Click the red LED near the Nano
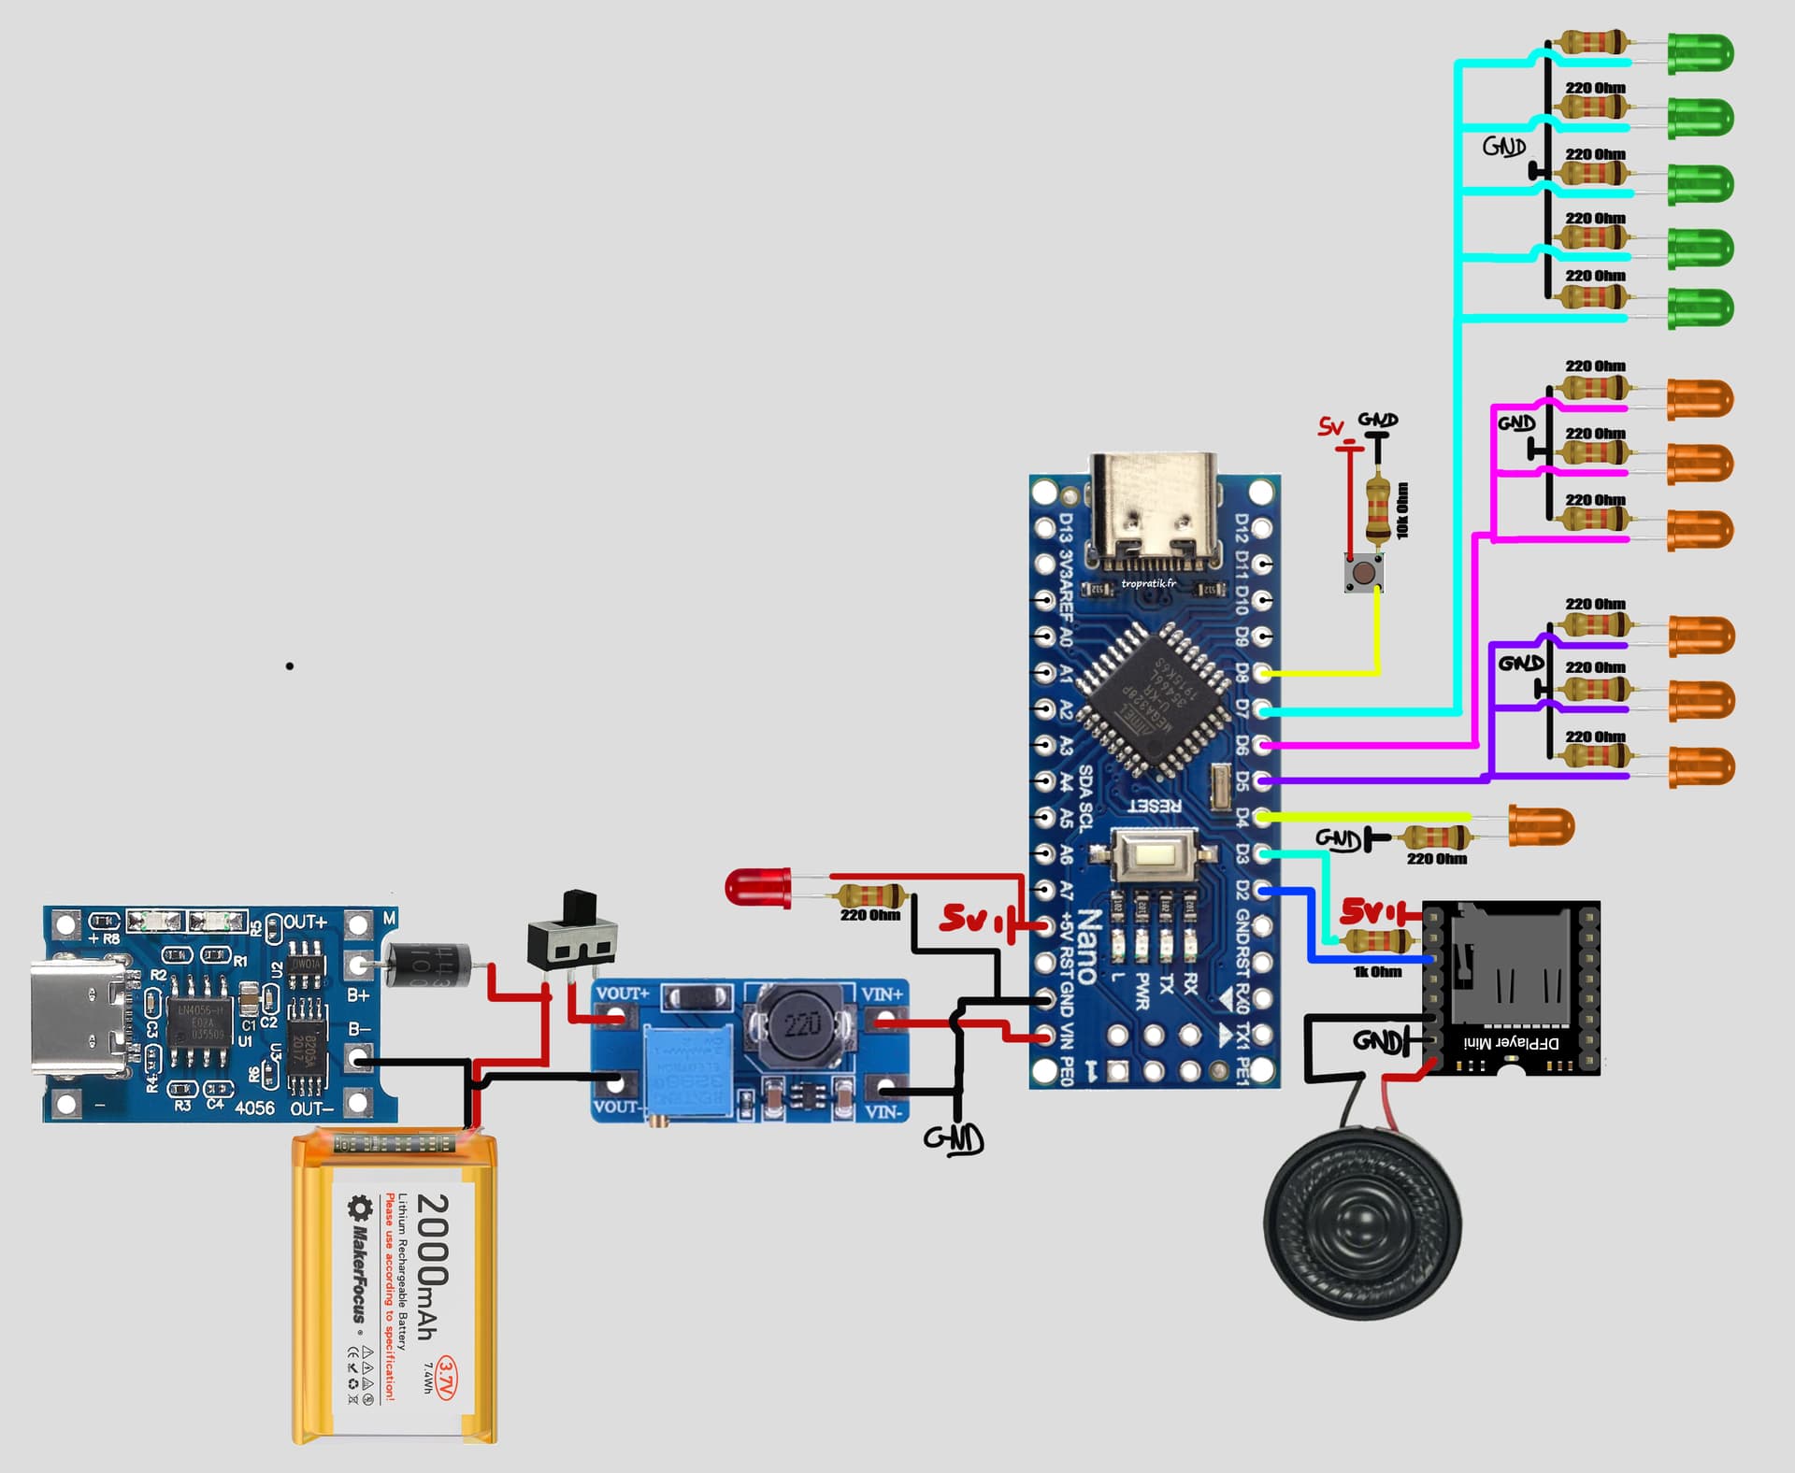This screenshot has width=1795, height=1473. (757, 885)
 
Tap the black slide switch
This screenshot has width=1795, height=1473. (572, 936)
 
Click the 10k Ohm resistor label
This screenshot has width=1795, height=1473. (1402, 510)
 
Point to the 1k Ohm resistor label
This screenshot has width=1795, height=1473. (1377, 972)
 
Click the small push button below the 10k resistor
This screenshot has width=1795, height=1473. (1364, 572)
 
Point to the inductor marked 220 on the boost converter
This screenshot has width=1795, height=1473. (802, 1025)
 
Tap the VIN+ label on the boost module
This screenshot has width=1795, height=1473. (881, 994)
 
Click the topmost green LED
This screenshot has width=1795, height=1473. (1700, 53)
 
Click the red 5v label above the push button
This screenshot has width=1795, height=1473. (1331, 427)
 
